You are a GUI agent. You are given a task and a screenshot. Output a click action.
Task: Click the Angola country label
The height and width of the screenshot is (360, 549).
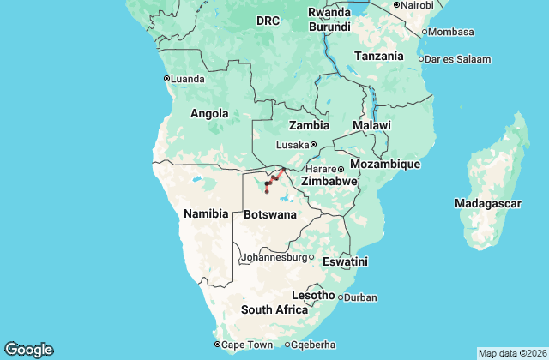(209, 113)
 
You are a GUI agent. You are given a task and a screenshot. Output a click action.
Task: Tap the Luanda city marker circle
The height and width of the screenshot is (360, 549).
(166, 78)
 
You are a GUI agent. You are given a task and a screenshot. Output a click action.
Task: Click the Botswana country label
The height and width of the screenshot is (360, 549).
(270, 213)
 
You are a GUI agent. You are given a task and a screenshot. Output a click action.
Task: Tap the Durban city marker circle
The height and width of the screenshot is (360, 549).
(341, 297)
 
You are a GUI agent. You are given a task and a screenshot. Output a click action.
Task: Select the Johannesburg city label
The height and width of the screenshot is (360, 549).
(272, 257)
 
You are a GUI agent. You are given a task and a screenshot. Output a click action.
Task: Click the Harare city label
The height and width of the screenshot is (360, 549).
(320, 169)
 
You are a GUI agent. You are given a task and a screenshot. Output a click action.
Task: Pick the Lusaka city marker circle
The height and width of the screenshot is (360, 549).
(314, 144)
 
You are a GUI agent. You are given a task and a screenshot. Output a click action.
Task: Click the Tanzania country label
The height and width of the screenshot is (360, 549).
(378, 56)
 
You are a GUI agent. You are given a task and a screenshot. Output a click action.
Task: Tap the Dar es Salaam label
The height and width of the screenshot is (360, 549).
(459, 59)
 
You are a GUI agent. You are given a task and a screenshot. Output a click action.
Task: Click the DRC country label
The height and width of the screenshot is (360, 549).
(268, 21)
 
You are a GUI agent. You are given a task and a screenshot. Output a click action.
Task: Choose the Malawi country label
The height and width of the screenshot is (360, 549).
(371, 125)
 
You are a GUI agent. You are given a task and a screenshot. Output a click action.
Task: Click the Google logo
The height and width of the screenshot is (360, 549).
(28, 349)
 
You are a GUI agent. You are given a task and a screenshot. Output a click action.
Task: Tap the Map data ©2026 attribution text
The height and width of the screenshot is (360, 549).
(511, 353)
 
